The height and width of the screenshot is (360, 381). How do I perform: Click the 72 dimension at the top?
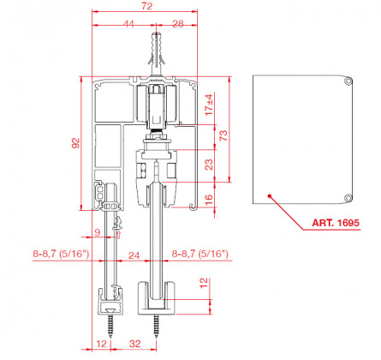(146, 6)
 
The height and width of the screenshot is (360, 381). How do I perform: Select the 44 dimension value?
(128, 24)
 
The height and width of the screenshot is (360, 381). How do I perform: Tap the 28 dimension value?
(178, 24)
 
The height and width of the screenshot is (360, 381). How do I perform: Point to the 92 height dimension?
(75, 143)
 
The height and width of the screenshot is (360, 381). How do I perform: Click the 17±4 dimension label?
(209, 105)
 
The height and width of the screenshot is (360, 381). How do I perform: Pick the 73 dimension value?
(223, 135)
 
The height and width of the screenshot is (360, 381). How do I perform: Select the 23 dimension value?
(209, 165)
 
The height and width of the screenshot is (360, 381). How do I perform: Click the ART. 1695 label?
(336, 223)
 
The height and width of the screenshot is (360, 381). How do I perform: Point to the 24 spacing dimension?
(134, 255)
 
